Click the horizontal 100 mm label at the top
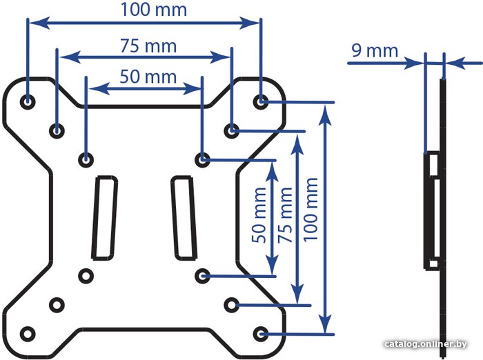(x=154, y=10)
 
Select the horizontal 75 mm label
(x=148, y=46)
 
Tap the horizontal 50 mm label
(x=148, y=77)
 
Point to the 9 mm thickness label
(x=375, y=50)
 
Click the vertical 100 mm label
(x=310, y=210)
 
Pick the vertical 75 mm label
(x=284, y=215)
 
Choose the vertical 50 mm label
(x=259, y=215)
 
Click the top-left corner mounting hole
(x=28, y=101)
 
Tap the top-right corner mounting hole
(x=261, y=101)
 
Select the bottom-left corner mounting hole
(x=28, y=334)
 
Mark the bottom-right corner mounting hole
(x=261, y=334)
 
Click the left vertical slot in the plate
(x=105, y=218)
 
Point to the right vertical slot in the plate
(x=184, y=218)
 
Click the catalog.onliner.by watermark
(x=426, y=344)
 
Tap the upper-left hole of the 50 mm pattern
(x=86, y=160)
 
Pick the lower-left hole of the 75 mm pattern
(x=57, y=306)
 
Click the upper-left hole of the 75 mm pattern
(x=57, y=131)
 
